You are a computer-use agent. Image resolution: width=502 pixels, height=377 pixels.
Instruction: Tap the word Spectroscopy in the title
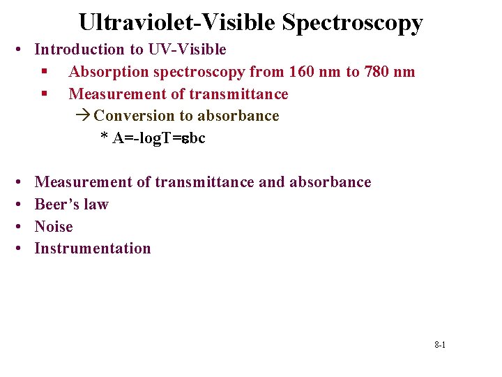(352, 24)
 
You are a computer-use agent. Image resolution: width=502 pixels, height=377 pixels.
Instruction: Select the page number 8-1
(440, 345)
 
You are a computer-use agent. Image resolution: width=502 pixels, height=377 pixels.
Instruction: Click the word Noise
(54, 226)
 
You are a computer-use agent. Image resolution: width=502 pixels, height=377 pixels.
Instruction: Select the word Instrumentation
(93, 249)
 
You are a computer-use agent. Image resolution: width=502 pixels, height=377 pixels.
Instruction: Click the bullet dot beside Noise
(17, 227)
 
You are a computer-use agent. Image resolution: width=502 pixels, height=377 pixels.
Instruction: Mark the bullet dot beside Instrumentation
(17, 249)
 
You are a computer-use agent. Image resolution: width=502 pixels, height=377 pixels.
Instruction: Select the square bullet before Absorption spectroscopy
(44, 72)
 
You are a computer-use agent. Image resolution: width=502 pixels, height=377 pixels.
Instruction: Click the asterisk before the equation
(104, 138)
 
